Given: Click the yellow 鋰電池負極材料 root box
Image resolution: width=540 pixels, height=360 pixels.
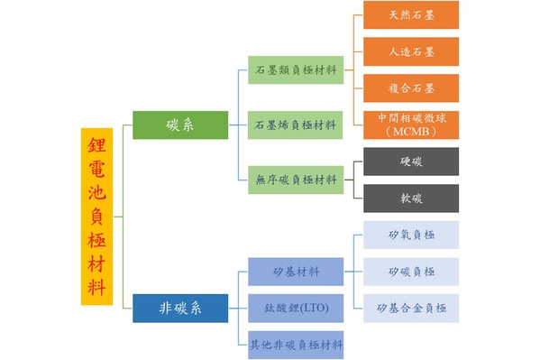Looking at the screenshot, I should (x=96, y=216).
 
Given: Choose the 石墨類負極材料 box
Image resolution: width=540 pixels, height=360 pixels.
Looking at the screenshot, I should (x=296, y=70).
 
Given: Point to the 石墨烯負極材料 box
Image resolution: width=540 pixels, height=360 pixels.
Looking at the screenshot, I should (x=296, y=124).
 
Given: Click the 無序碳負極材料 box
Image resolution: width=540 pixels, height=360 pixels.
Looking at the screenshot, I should (x=296, y=179).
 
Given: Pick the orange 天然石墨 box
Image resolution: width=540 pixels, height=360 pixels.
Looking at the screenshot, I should (x=410, y=15).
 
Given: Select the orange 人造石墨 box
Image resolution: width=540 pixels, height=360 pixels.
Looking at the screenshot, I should (x=410, y=51).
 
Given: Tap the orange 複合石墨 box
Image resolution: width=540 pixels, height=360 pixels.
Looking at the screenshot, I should (x=410, y=88).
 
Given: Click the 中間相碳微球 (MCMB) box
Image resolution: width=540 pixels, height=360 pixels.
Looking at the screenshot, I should (x=410, y=125).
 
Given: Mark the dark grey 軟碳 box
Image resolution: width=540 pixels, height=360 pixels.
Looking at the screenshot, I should (x=410, y=198).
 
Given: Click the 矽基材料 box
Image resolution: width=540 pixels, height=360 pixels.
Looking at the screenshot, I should (x=296, y=271).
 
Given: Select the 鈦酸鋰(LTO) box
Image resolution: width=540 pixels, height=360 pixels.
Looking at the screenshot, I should (x=296, y=308).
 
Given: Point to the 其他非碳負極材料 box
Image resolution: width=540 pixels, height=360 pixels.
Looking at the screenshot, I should (x=296, y=344).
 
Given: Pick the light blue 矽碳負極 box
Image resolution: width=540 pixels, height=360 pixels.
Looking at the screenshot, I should (x=410, y=272).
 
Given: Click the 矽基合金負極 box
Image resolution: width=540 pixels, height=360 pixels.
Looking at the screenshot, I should (x=410, y=309).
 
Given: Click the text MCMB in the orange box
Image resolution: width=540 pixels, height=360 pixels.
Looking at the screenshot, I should (x=410, y=132).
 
